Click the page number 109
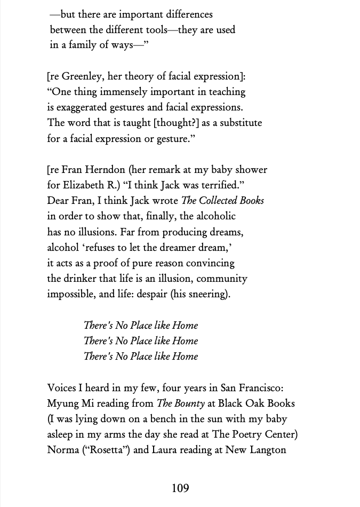(180, 488)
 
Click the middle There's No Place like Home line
(141, 340)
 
